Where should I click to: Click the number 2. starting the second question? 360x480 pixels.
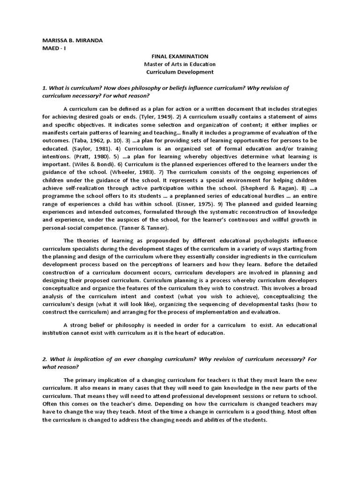[45, 359]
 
